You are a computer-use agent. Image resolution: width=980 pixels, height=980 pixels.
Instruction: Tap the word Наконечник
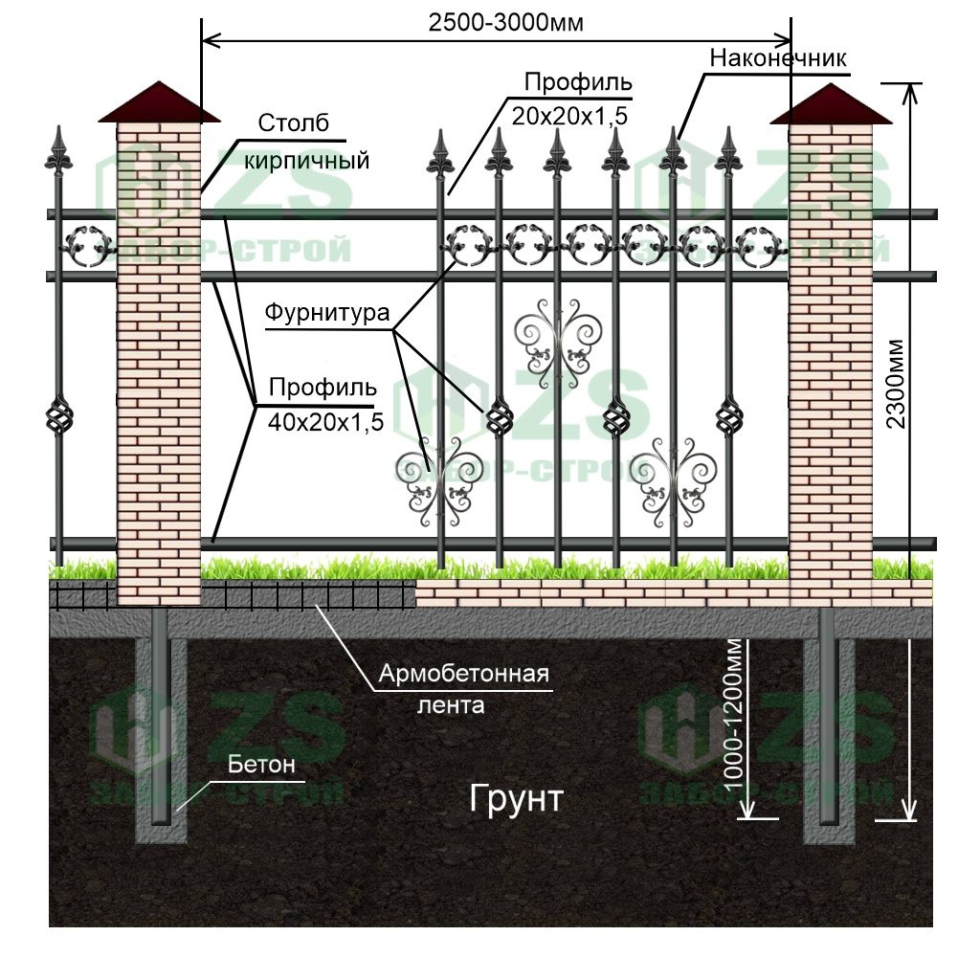point(778,58)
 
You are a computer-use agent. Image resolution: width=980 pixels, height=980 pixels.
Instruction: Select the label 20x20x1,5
point(568,116)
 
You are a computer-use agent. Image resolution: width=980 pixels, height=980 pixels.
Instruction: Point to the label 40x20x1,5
point(325,421)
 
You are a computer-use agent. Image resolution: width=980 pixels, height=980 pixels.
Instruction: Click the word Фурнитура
point(327,313)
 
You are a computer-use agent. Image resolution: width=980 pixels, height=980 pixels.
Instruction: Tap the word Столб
point(293,123)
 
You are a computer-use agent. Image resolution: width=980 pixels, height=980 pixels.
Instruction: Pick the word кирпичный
point(306,160)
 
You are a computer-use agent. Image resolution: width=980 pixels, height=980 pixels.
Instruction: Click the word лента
point(451,706)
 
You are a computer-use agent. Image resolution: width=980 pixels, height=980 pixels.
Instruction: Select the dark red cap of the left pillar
point(159,103)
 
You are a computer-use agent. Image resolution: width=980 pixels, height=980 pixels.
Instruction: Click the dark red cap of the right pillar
point(829,104)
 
